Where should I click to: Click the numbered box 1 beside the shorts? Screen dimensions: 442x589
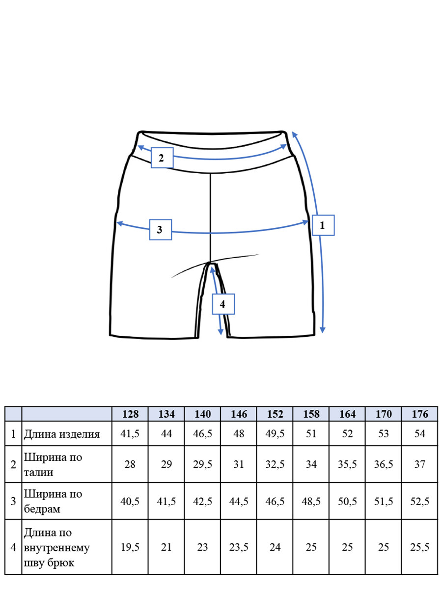[323, 225]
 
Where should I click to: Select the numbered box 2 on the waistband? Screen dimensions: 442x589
[162, 158]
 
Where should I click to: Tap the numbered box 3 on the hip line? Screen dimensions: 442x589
[160, 229]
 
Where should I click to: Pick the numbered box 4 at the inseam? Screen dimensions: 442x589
[223, 304]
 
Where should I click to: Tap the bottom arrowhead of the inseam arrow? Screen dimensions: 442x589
[221, 332]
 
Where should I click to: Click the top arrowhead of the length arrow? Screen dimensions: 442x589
[294, 134]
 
